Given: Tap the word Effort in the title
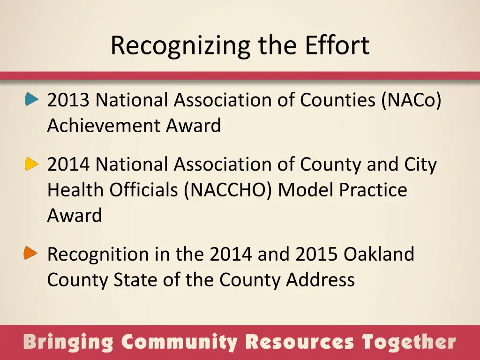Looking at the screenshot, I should [x=337, y=45].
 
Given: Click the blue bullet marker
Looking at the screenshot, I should [x=32, y=99].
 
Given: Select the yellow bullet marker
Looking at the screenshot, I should [x=32, y=164].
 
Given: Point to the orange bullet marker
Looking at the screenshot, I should [x=31, y=254].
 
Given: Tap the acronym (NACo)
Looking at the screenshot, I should [x=411, y=100].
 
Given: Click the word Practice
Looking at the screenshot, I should [x=373, y=190].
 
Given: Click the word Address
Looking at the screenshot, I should [x=320, y=280].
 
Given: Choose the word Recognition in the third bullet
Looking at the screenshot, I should [x=97, y=255].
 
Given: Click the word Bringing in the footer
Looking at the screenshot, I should [x=68, y=343].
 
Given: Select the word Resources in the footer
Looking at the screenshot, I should [x=300, y=343].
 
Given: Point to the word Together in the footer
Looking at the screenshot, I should [x=408, y=343].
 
